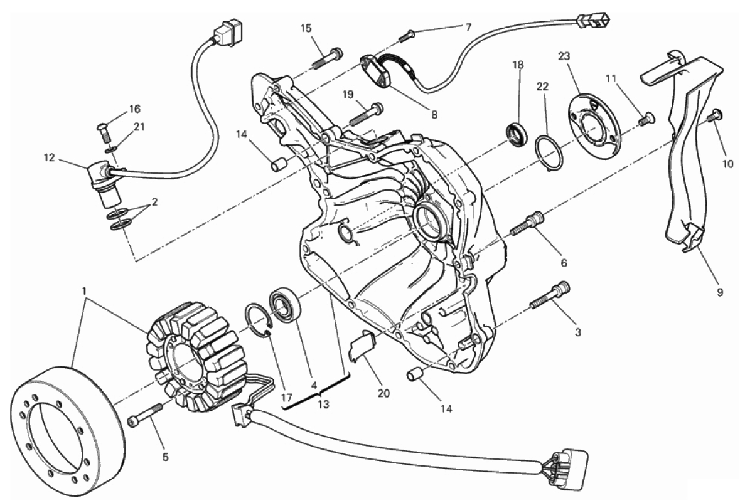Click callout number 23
pos(564,56)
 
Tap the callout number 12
pos(50,157)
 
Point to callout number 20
pos(383,393)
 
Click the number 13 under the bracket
pos(324,404)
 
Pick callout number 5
pos(165,457)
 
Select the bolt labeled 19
pos(367,113)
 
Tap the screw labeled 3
pos(549,295)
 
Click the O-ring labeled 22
pos(549,152)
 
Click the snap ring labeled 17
pos(258,320)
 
